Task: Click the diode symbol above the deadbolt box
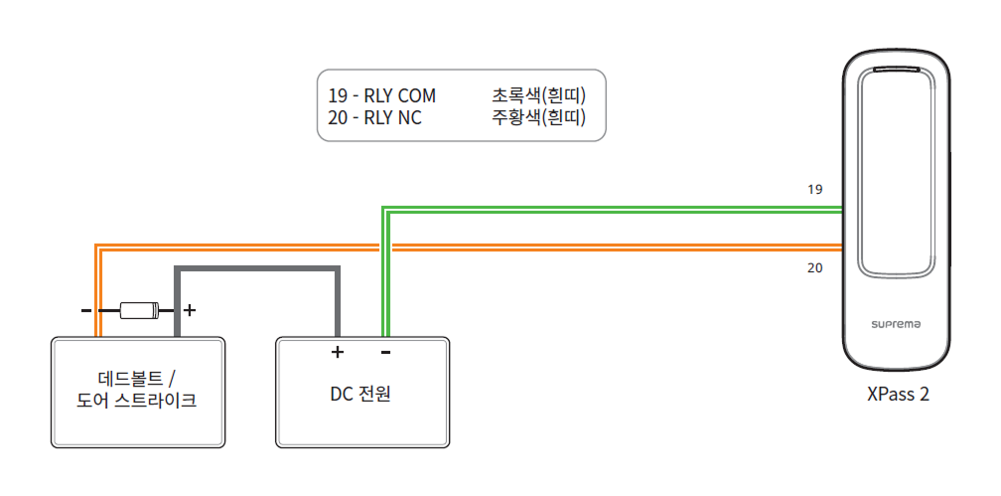pyautogui.click(x=139, y=310)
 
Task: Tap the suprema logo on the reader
pyautogui.click(x=895, y=324)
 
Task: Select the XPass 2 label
pyautogui.click(x=898, y=394)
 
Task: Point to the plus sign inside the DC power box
pyautogui.click(x=337, y=352)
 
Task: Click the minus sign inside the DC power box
pyautogui.click(x=385, y=352)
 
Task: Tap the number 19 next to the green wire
pyautogui.click(x=815, y=189)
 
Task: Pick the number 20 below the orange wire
pyautogui.click(x=815, y=267)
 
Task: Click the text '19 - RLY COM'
pyautogui.click(x=382, y=96)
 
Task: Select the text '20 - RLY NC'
pyautogui.click(x=375, y=119)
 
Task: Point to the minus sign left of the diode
pyautogui.click(x=86, y=310)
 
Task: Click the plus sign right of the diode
pyautogui.click(x=191, y=310)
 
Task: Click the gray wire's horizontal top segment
pyautogui.click(x=258, y=268)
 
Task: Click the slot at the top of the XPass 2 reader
pyautogui.click(x=896, y=71)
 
